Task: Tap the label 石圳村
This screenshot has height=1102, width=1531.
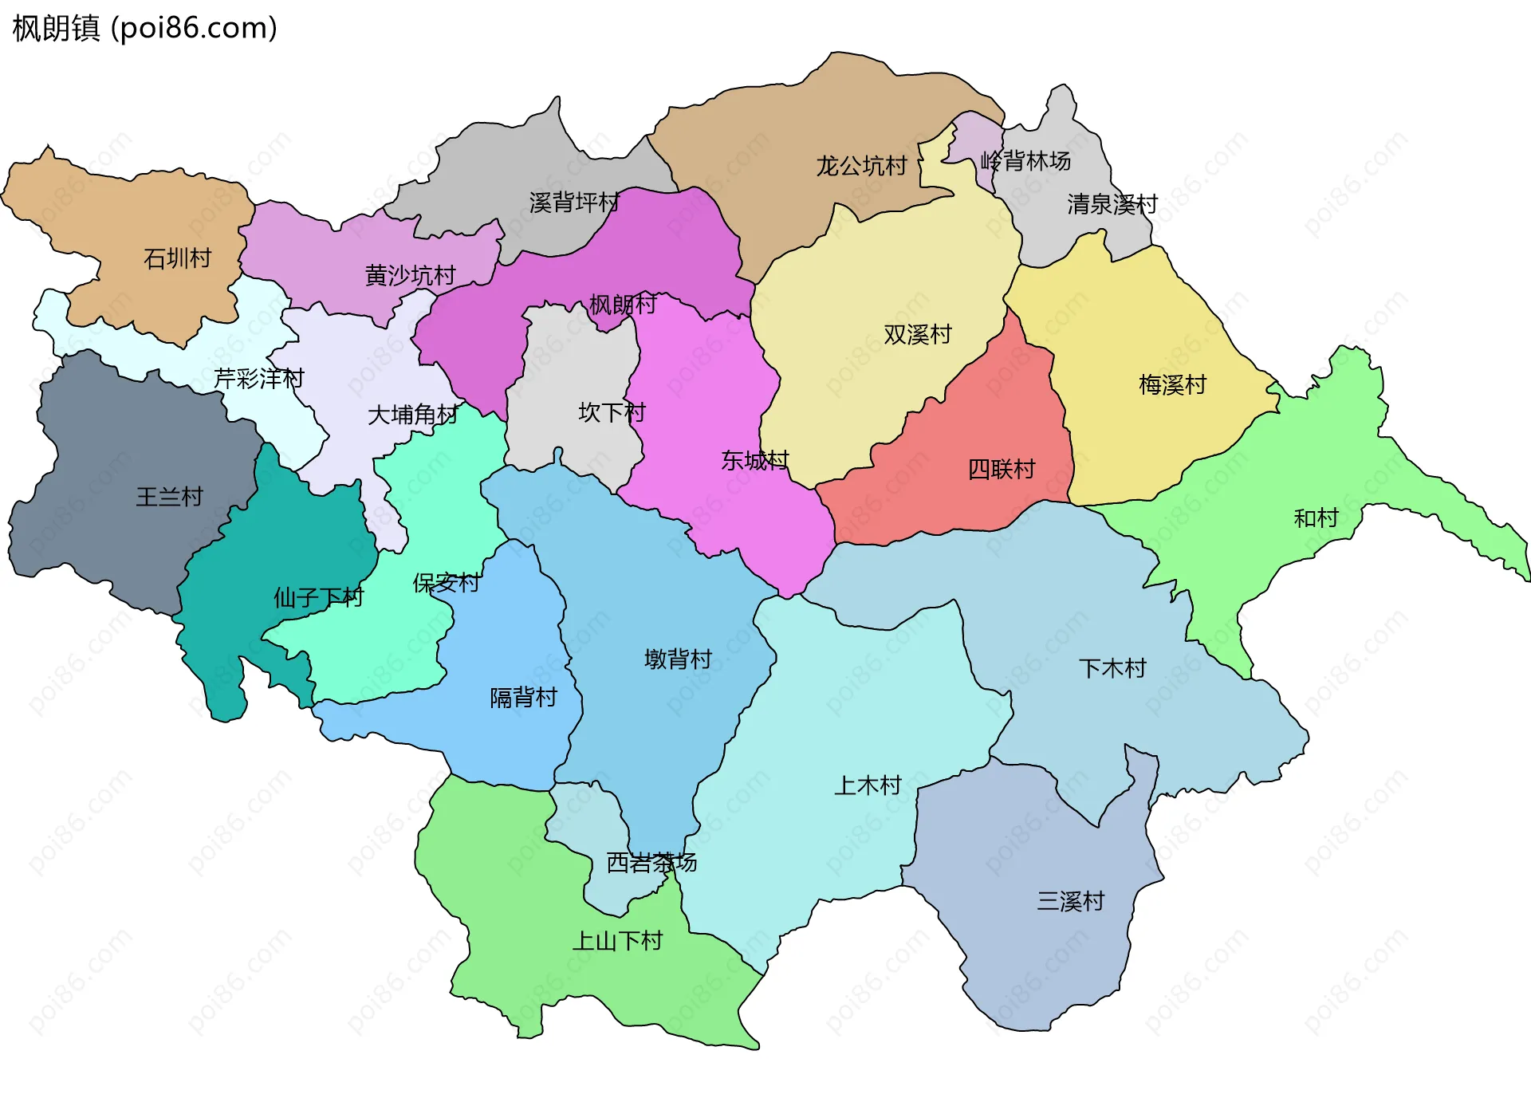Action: pyautogui.click(x=177, y=258)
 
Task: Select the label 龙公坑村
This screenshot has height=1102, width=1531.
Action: pyautogui.click(x=861, y=166)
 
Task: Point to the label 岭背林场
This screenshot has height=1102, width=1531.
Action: pyautogui.click(x=1025, y=161)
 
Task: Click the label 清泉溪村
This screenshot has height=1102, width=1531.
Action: pyautogui.click(x=1112, y=204)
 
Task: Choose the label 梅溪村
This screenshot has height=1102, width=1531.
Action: pyautogui.click(x=1172, y=385)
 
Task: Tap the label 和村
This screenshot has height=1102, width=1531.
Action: pyautogui.click(x=1316, y=518)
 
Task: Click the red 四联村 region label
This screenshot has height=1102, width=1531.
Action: pyautogui.click(x=1002, y=469)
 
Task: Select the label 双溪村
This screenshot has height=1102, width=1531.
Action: pyautogui.click(x=918, y=334)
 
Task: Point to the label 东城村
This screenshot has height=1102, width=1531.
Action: pyautogui.click(x=754, y=460)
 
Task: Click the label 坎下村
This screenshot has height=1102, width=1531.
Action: pyautogui.click(x=612, y=412)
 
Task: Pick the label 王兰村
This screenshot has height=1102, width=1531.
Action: pyautogui.click(x=169, y=497)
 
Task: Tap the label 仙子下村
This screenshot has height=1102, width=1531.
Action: pyautogui.click(x=318, y=597)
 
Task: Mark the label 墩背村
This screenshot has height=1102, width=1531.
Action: pyautogui.click(x=678, y=659)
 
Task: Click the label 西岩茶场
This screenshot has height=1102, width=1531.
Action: pyautogui.click(x=651, y=862)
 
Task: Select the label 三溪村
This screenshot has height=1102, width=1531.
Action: pyautogui.click(x=1070, y=901)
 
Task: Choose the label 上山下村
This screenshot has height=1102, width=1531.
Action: pyautogui.click(x=617, y=941)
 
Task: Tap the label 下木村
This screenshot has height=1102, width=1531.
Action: pyautogui.click(x=1112, y=668)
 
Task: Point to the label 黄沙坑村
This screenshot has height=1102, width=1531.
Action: pyautogui.click(x=410, y=275)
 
